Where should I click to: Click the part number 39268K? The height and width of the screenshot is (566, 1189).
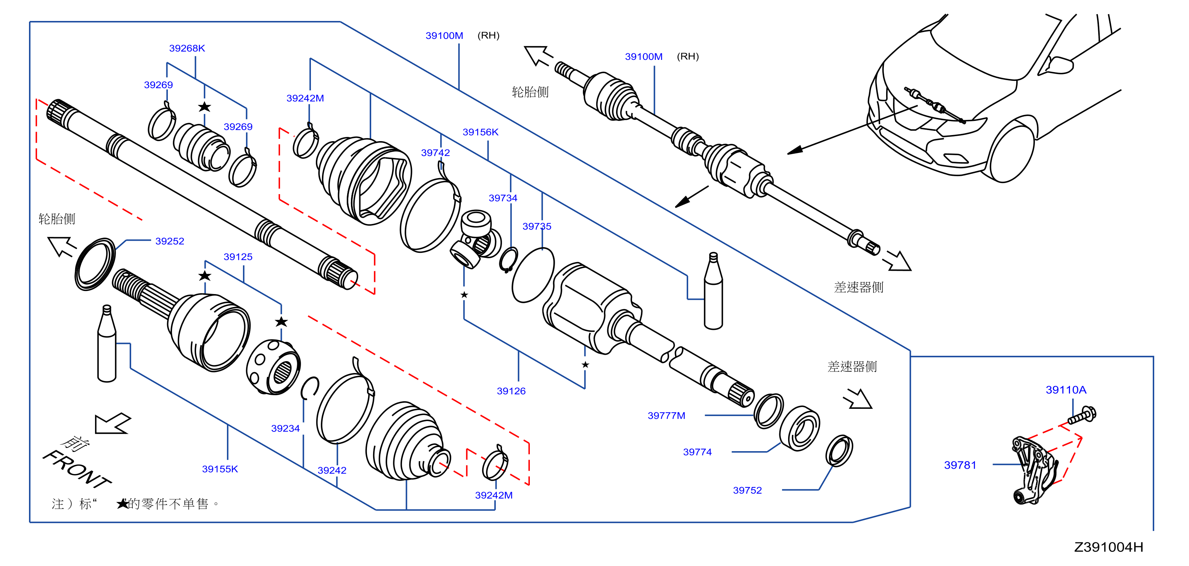187,48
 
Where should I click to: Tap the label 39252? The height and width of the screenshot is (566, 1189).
169,241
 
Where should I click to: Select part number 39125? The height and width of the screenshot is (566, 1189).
238,257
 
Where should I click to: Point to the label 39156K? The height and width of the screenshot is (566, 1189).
481,132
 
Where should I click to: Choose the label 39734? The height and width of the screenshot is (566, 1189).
503,198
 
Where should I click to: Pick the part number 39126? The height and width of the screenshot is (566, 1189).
511,391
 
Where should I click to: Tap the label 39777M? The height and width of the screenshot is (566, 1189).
666,415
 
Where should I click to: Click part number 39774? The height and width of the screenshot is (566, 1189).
697,452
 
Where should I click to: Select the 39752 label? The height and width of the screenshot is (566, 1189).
747,490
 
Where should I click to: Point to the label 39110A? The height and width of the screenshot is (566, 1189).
1066,390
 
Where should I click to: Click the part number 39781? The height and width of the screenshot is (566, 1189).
960,465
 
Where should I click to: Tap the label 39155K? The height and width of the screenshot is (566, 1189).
220,469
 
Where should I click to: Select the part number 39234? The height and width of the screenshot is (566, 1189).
285,428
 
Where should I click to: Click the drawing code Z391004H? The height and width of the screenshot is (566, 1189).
1109,547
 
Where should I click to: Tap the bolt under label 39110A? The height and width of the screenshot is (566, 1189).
1082,415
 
